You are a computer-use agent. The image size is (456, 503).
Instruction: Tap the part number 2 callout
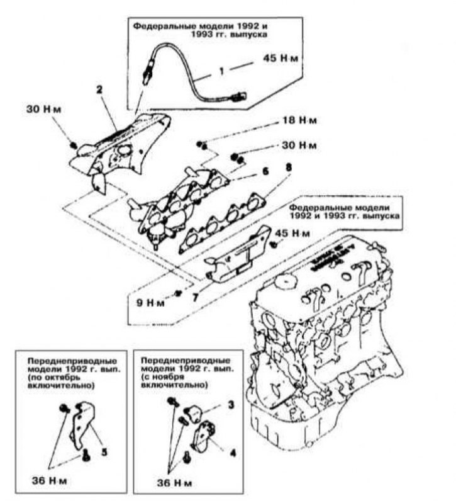coord(99,90)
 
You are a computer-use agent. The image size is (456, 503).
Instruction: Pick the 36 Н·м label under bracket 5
coord(48,482)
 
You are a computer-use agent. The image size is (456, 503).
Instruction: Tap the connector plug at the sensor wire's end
coord(237,98)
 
